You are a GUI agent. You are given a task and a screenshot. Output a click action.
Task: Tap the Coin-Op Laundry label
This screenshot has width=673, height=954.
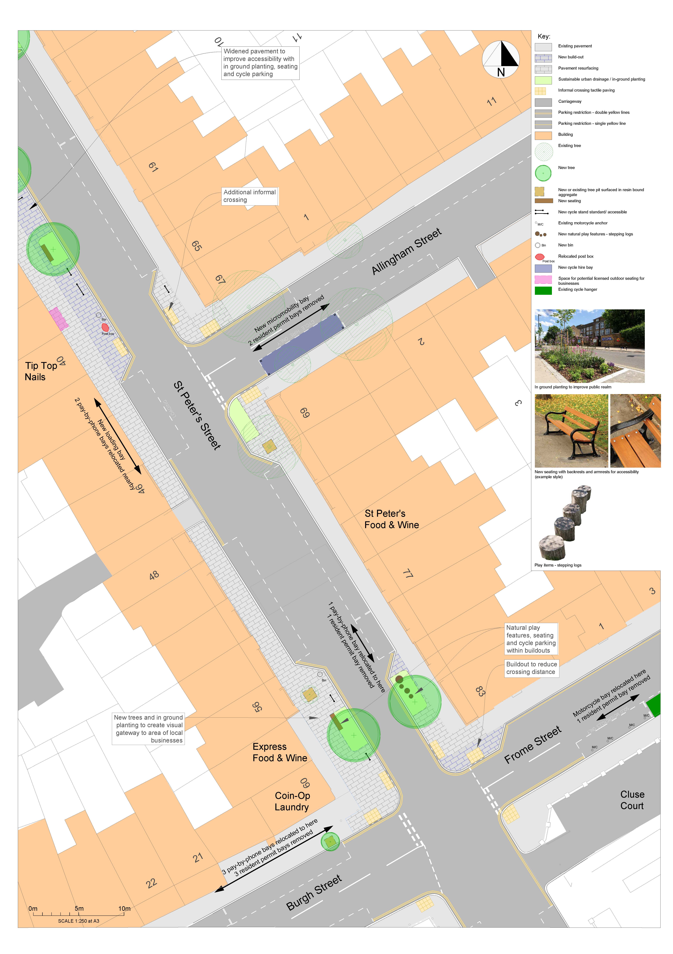click(x=292, y=801)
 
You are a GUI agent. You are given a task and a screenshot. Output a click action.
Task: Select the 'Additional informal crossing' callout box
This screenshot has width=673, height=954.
click(x=249, y=196)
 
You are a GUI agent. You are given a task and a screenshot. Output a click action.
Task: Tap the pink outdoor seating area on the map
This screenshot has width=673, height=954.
click(x=59, y=319)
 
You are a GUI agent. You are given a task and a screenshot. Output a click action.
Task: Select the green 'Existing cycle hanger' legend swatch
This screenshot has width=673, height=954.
click(x=543, y=290)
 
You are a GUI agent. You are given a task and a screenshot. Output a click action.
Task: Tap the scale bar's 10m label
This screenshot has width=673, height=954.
click(x=124, y=908)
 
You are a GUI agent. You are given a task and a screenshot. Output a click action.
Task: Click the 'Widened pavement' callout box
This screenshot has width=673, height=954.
click(x=260, y=63)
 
